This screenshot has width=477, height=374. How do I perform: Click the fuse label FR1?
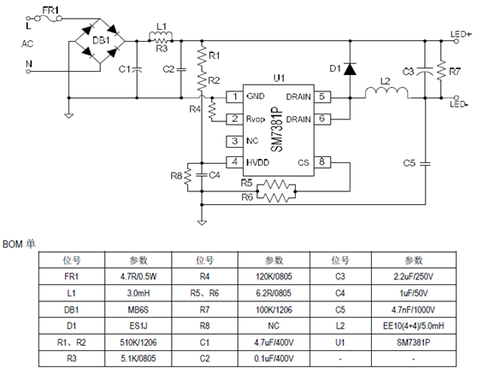50,9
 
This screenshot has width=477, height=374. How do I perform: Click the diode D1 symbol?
349,69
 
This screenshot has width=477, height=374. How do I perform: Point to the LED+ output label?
461,35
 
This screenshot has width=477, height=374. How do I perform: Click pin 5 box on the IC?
322,97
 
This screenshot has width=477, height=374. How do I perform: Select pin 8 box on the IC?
322,161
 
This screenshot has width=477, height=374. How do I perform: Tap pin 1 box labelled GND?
232,97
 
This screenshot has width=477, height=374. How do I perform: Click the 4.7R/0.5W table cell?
137,277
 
